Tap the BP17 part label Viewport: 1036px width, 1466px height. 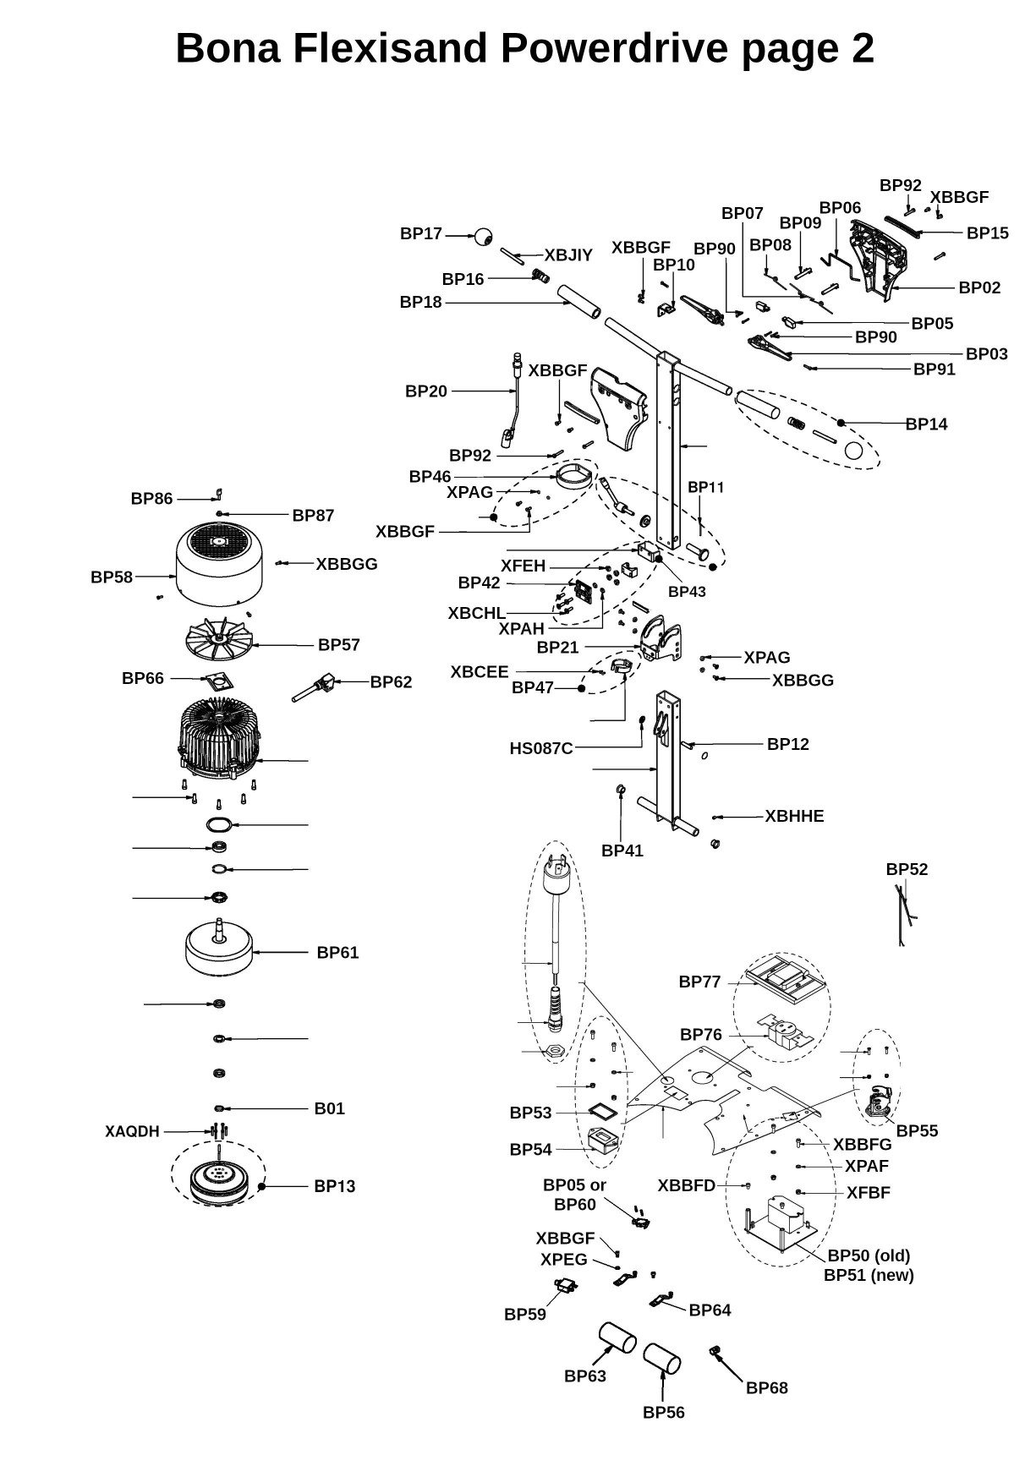point(420,234)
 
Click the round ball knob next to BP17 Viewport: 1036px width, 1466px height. point(483,236)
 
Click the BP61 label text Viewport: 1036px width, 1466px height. point(337,953)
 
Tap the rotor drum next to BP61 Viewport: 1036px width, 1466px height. point(219,949)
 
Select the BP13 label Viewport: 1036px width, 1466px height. point(334,1186)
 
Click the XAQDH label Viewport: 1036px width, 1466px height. point(132,1131)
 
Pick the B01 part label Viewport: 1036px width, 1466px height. point(329,1108)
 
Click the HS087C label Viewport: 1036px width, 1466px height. point(540,748)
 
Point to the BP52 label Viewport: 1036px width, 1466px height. point(907,869)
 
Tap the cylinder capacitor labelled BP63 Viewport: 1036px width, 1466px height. point(617,1337)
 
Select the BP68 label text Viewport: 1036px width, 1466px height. point(766,1387)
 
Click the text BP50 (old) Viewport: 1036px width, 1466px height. point(869,1255)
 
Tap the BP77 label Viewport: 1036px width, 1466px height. point(699,982)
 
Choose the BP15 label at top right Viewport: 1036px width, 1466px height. point(987,232)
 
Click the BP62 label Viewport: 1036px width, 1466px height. point(391,681)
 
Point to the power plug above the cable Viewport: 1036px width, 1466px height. point(556,879)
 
